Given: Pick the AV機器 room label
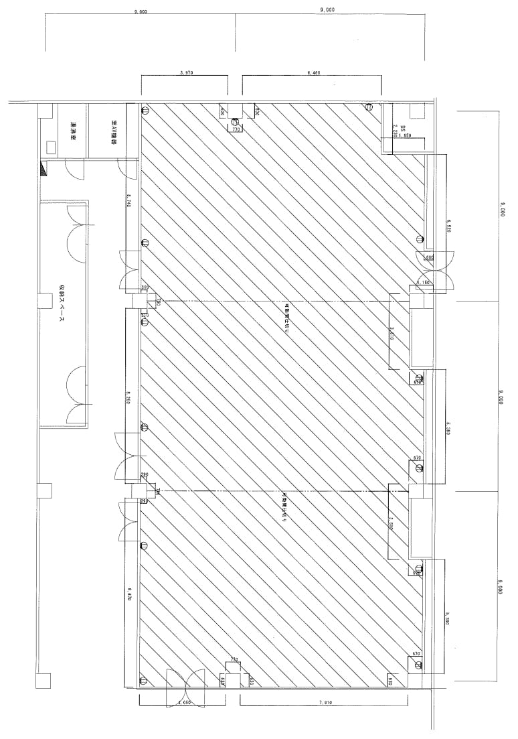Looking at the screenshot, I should tap(114, 132).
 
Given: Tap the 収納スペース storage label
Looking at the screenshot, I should tap(60, 308).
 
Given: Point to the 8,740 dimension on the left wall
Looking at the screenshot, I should tap(129, 200).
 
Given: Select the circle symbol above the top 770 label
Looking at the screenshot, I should tap(235, 122).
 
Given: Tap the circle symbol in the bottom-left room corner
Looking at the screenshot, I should tap(144, 682).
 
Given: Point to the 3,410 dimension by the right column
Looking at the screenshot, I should tap(392, 333).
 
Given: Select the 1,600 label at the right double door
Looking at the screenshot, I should tap(429, 257).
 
